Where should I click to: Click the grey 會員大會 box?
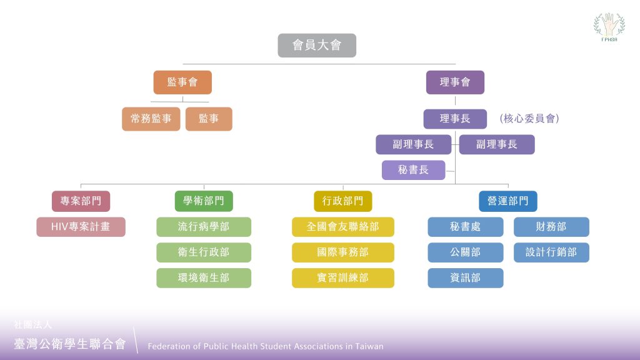coord(317,45)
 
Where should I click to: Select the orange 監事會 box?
coord(182,82)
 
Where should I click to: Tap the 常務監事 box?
coord(151,119)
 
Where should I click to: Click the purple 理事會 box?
coord(455,82)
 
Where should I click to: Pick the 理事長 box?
coord(455,119)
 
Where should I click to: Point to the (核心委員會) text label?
coord(529,119)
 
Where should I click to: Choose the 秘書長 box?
coord(414,170)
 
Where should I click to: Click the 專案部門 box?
coord(81,201)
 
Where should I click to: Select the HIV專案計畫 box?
coord(81,227)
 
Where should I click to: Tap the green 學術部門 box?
coord(204,201)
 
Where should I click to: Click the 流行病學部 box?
coord(204,227)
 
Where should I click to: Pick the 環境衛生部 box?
coord(204,278)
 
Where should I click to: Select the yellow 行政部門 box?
coord(343,201)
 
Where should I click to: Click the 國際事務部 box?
coord(343,252)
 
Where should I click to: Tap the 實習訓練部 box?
coord(343,278)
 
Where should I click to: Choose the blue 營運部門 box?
coord(507,201)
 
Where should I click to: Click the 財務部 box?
coord(551,227)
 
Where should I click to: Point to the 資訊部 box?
coord(465,278)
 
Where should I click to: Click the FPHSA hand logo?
coord(609,27)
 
